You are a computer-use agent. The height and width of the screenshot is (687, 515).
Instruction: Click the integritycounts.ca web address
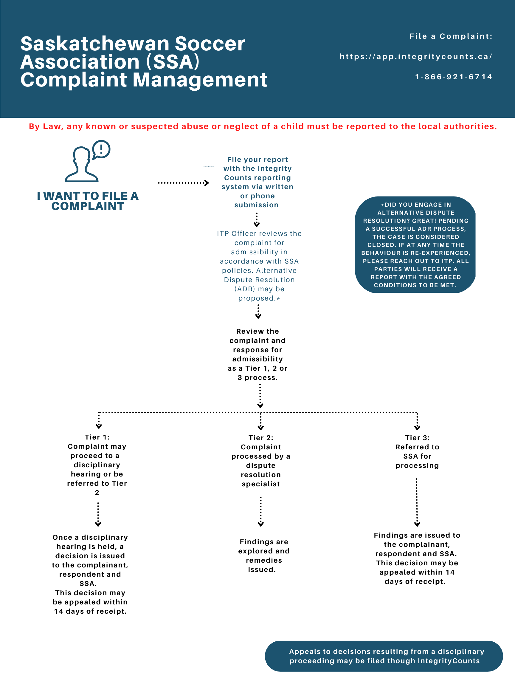coord(416,57)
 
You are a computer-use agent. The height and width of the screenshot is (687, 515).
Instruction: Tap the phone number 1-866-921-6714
coord(454,77)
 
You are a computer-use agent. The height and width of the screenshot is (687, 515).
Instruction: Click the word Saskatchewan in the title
coord(95,44)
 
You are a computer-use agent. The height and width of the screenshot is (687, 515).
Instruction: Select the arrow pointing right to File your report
coord(183,183)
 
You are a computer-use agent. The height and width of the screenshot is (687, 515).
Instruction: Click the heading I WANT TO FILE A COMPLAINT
coord(88,201)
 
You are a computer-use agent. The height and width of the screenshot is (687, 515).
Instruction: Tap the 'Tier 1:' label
coord(97,437)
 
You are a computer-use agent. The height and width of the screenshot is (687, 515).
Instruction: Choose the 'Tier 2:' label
coord(261,438)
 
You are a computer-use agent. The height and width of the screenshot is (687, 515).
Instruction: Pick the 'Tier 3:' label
coord(417,438)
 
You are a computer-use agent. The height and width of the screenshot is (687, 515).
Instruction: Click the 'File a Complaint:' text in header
coord(451,36)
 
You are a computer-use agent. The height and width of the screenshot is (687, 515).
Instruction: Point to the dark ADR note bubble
coord(415,245)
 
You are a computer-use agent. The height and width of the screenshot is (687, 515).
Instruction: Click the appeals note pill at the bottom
coord(384,656)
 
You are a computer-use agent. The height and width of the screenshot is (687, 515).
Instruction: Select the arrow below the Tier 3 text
coord(417,502)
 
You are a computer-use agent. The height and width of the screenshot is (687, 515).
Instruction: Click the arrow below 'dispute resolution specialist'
coord(261,512)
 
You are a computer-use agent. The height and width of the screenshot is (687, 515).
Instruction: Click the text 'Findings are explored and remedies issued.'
coord(263,556)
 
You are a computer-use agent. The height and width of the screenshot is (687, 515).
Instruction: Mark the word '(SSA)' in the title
coord(173,61)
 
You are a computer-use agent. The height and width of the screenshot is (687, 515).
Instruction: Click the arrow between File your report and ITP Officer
coord(257,220)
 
